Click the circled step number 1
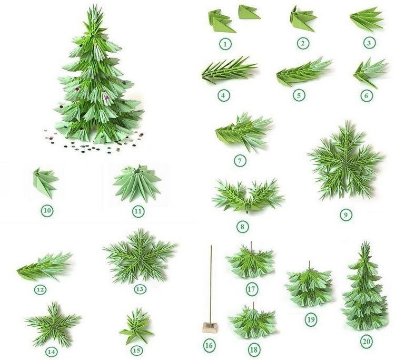click(225, 44)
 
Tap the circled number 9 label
click(345, 215)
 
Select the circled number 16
click(209, 345)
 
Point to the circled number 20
click(367, 342)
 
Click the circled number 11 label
click(138, 211)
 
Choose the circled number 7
click(240, 160)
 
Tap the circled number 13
click(140, 289)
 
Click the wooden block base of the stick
click(210, 327)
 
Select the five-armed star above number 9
click(345, 161)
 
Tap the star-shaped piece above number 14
click(53, 324)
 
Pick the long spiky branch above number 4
click(229, 70)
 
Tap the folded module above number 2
click(303, 19)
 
